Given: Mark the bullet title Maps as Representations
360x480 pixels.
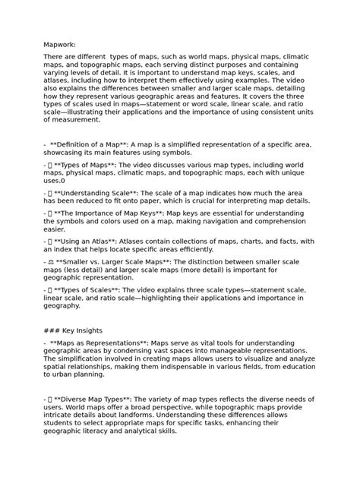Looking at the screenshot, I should [99, 343].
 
